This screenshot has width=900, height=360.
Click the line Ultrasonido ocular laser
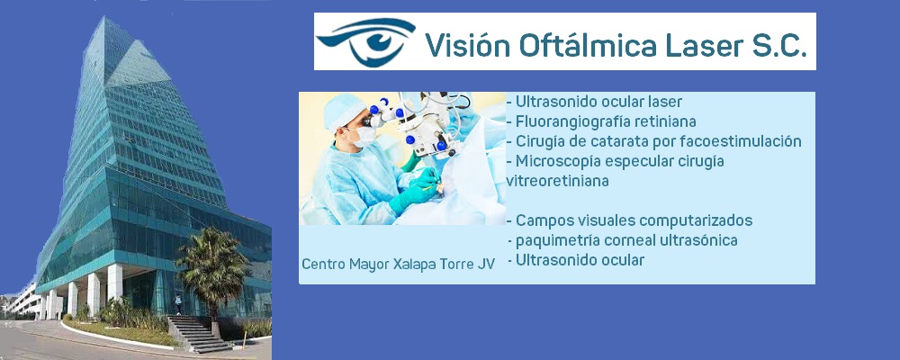[x=593, y=102]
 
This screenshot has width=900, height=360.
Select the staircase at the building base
[x=196, y=334]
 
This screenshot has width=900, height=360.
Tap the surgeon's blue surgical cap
[x=342, y=110]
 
